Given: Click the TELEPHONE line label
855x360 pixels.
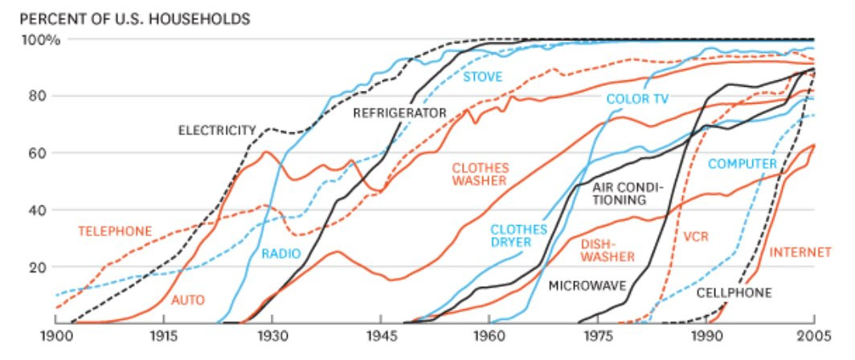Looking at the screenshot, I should click(115, 231).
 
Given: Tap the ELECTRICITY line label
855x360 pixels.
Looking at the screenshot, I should click(217, 129).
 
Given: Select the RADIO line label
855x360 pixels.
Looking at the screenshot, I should click(281, 254).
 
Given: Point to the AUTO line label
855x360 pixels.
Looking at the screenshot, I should click(188, 300).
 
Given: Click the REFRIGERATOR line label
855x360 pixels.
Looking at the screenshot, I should click(399, 113).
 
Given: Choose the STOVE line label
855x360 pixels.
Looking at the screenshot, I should click(482, 77).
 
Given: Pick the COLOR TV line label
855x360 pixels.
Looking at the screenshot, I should click(637, 99).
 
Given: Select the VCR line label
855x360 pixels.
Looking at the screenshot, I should click(697, 238).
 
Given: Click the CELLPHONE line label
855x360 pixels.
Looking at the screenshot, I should click(734, 293).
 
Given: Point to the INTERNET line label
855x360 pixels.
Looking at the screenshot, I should click(800, 252).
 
